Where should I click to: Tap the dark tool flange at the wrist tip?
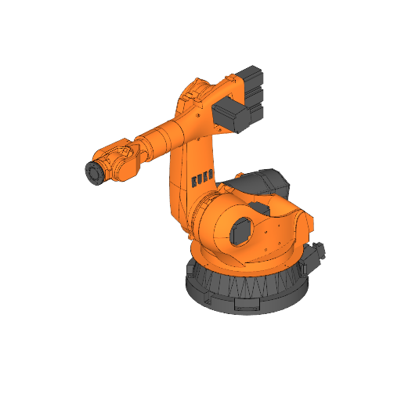tap(94, 173)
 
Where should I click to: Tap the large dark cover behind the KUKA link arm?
tap(262, 183)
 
